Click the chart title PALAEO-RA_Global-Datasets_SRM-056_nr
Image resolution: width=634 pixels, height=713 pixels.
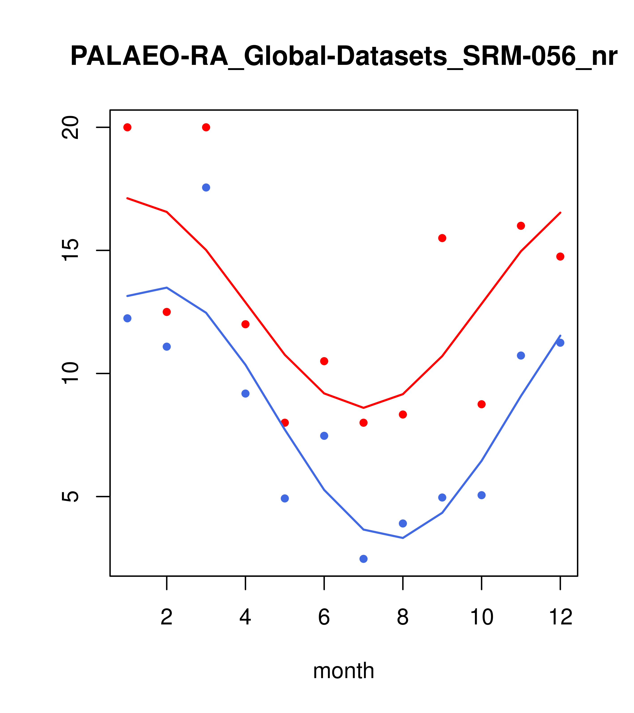coord(344,57)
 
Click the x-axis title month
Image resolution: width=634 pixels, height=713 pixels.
coord(344,671)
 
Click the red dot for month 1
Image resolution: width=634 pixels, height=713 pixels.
coord(127,127)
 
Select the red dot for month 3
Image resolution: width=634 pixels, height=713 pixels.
coord(206,127)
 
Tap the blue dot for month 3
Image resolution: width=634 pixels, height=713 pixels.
coord(206,188)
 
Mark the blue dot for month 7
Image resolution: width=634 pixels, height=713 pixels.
coord(364,559)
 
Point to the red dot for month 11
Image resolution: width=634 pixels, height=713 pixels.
coord(521,226)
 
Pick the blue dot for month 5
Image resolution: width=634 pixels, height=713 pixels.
coord(285,499)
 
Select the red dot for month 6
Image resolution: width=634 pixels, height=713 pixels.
coord(324,361)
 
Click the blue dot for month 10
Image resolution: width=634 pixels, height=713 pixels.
coord(481,495)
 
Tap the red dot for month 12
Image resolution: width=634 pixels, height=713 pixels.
coord(560,257)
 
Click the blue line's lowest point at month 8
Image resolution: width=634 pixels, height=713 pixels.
coord(403,538)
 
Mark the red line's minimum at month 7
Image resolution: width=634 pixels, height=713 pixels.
coord(364,408)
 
